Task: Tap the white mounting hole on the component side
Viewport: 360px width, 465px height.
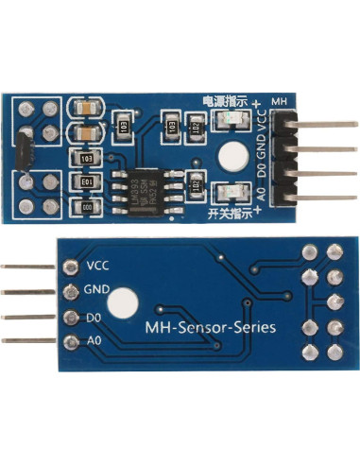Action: [x=229, y=156]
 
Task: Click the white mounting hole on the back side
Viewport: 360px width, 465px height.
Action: [x=121, y=303]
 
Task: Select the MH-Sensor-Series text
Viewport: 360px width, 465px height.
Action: [x=211, y=328]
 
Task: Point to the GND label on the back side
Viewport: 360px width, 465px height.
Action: [x=99, y=289]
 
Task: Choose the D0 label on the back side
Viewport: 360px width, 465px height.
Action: [x=93, y=316]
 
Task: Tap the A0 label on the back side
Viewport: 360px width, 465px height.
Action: [x=93, y=338]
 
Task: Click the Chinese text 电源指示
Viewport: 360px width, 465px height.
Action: [x=224, y=100]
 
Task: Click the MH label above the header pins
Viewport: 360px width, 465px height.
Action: [x=279, y=100]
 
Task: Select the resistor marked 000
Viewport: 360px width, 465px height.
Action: [x=87, y=204]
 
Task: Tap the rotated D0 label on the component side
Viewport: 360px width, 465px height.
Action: [x=262, y=169]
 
